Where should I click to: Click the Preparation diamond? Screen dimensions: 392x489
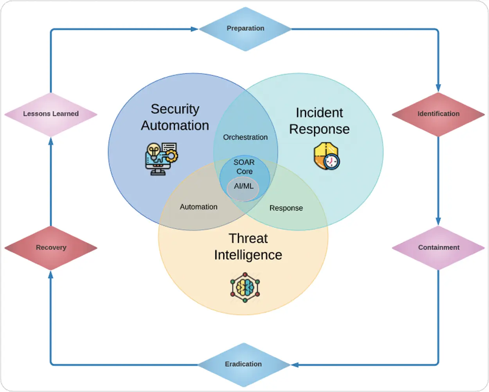[245, 29]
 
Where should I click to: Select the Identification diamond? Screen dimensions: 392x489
[438, 114]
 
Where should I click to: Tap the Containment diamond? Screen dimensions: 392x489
[438, 247]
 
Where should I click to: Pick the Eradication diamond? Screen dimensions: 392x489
[244, 364]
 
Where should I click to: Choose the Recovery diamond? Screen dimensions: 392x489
[51, 247]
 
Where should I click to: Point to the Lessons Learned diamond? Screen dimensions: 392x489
[51, 114]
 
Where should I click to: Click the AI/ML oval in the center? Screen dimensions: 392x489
[243, 187]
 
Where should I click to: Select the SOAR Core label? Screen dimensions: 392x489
[244, 167]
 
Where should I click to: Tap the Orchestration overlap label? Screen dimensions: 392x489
[245, 137]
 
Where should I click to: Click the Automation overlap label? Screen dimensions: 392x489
[198, 207]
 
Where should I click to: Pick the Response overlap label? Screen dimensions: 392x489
[286, 208]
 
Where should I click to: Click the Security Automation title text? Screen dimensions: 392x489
[175, 117]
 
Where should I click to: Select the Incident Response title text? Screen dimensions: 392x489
[319, 121]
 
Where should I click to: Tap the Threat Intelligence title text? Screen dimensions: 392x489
[248, 247]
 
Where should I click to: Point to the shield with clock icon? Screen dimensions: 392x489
[327, 156]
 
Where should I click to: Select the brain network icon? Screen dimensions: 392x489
[245, 287]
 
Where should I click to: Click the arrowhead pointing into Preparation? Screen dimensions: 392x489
[194, 29]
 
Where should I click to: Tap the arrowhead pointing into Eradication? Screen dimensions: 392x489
[295, 365]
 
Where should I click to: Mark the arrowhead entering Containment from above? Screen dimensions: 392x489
[438, 221]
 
